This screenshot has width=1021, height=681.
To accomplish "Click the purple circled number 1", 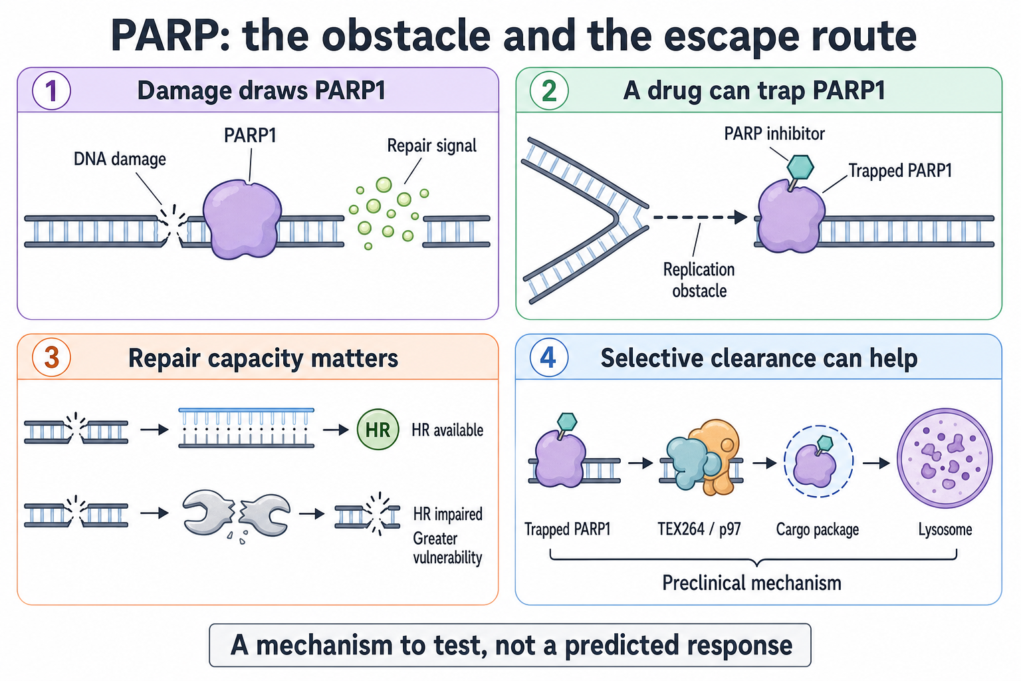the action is tap(51, 90).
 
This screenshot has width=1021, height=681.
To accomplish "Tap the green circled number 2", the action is tap(549, 90).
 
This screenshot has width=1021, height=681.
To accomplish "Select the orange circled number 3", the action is tap(51, 357).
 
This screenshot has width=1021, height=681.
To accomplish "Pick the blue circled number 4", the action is tap(549, 357).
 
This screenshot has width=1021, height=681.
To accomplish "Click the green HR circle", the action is tap(378, 430).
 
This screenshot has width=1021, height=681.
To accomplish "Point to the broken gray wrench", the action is tap(236, 514).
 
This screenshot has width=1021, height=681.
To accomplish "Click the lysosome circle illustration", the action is tap(945, 458).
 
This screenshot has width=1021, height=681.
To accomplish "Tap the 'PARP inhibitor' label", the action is tap(774, 134).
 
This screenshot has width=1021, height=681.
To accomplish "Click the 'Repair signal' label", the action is tap(431, 146).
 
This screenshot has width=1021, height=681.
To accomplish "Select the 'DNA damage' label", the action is tap(120, 159).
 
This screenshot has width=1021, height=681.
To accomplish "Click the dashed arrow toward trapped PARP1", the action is tap(700, 217).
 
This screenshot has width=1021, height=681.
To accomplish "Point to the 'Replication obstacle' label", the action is tap(699, 280).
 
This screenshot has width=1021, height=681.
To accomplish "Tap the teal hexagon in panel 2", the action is tap(800, 167).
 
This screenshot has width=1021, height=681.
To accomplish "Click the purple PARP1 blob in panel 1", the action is tap(242, 219).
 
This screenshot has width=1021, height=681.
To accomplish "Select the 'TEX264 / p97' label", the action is tap(699, 529).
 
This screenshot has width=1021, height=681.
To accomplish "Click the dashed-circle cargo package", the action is tap(818, 461).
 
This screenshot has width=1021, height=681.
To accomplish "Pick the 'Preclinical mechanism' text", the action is tap(752, 583).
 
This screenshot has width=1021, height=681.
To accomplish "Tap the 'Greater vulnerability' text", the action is tap(447, 548).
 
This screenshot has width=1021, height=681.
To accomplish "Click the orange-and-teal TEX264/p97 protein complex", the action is tap(703, 458).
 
